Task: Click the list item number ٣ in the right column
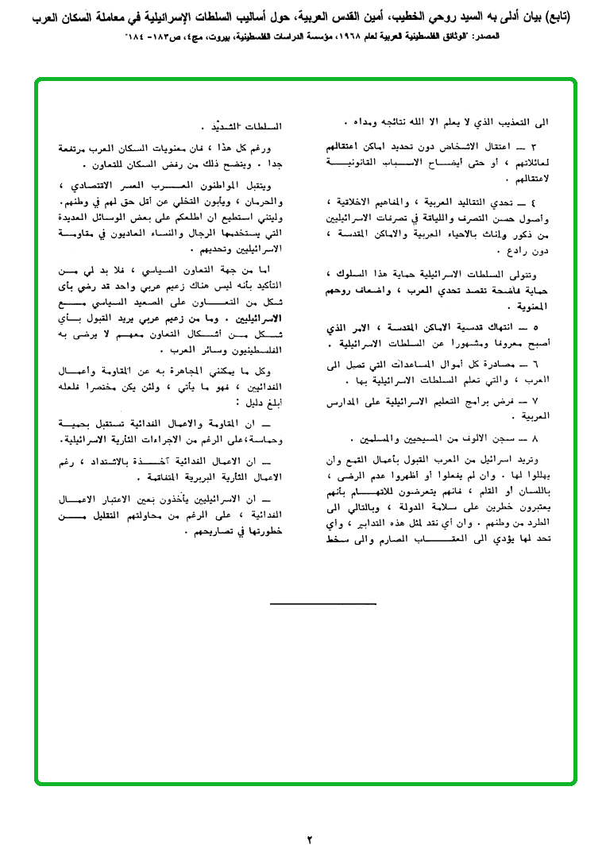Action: pyautogui.click(x=534, y=148)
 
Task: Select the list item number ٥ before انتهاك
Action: pyautogui.click(x=535, y=326)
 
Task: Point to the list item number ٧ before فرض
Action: pyautogui.click(x=535, y=401)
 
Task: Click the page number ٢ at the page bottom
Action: pyautogui.click(x=311, y=839)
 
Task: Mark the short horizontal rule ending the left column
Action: pyautogui.click(x=311, y=604)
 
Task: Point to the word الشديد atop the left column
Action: pyautogui.click(x=246, y=127)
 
